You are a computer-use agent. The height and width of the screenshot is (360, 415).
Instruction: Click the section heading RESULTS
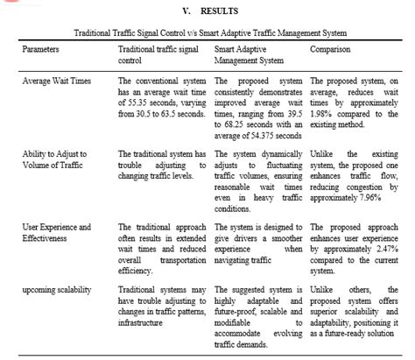click(x=219, y=13)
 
